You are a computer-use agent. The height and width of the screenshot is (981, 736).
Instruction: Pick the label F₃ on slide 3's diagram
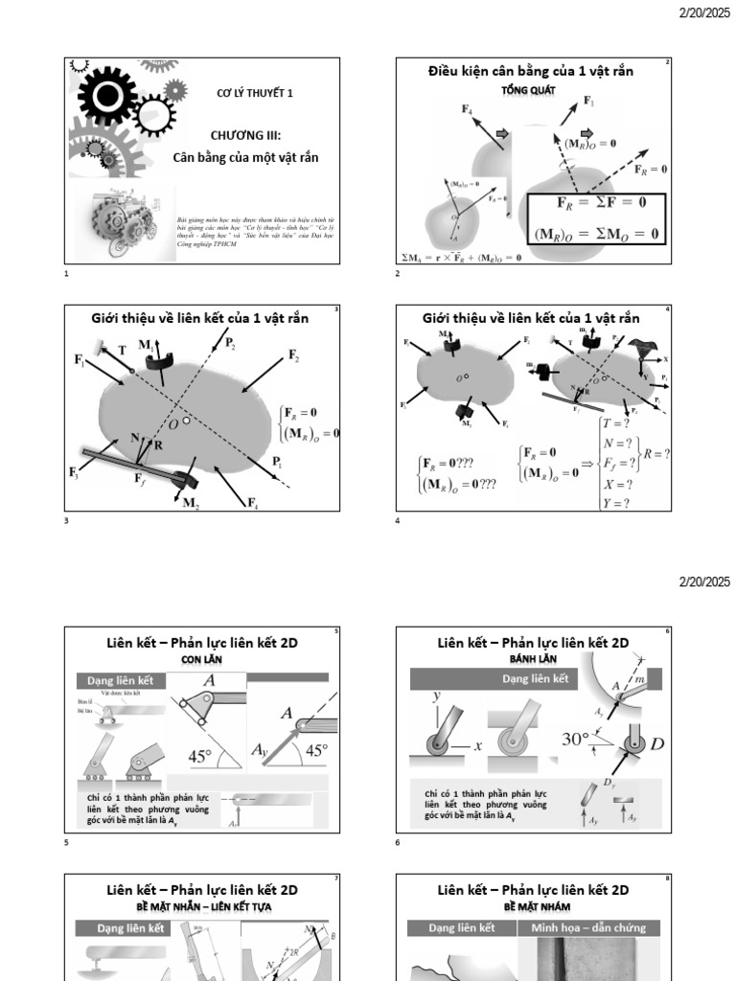click(74, 472)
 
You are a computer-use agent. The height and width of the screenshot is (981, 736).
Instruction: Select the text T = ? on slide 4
click(615, 422)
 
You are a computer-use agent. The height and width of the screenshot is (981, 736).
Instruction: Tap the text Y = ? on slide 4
click(615, 503)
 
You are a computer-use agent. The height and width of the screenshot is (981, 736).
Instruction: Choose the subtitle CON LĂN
click(201, 659)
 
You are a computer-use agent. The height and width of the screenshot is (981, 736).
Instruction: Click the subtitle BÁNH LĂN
click(533, 659)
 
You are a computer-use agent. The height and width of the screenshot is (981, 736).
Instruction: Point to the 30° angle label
click(575, 740)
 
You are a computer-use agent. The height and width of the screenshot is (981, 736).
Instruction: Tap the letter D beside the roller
click(658, 743)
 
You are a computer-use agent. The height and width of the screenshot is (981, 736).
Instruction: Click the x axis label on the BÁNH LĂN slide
click(476, 746)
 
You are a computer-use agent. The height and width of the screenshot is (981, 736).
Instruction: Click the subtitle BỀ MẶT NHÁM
click(533, 905)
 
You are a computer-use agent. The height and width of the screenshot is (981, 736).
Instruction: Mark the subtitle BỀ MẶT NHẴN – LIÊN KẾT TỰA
click(201, 905)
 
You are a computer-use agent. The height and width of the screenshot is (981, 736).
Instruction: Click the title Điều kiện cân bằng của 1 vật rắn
click(529, 71)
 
